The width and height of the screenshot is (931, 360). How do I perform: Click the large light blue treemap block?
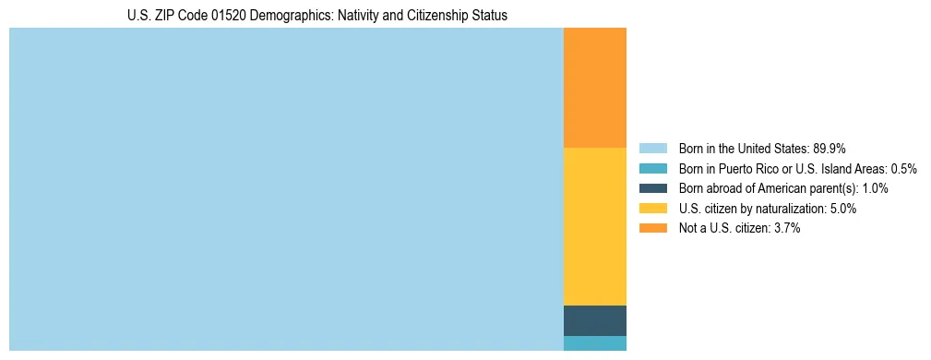point(286,189)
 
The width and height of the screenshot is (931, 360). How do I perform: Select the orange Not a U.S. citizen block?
point(595,88)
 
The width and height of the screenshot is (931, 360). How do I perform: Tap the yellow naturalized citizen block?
point(595,226)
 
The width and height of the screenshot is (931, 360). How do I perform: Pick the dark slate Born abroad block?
point(595,320)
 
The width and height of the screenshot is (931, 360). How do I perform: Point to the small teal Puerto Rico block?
point(595,343)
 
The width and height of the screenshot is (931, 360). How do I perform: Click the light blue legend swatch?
point(652,149)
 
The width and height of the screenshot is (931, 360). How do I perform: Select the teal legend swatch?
point(652,169)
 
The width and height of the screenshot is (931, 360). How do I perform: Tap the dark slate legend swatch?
point(652,188)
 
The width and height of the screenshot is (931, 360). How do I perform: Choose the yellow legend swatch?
point(652,209)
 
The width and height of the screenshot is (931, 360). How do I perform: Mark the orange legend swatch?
point(652,228)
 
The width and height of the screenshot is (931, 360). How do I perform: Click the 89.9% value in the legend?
point(830,149)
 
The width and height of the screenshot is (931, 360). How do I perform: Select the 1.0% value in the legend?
point(875,188)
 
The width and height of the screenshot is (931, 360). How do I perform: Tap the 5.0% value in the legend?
point(842,209)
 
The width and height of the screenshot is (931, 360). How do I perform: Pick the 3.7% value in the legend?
point(786,228)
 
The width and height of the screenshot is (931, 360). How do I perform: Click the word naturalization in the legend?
point(790,209)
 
